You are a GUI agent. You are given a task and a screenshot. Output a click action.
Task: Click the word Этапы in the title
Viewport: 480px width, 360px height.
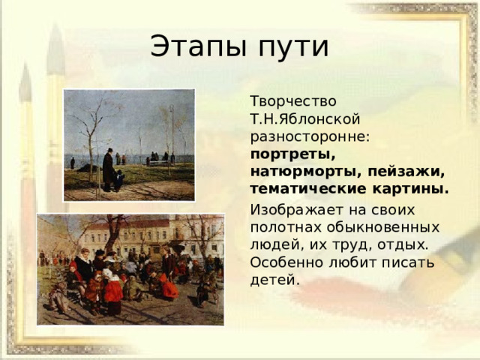coord(198,46)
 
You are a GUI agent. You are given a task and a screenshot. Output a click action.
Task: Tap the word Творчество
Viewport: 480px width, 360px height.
coord(293,101)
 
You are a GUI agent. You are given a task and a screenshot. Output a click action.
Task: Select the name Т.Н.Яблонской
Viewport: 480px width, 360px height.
coord(305,118)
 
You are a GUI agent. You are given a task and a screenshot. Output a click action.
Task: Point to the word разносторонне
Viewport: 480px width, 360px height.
coord(310,137)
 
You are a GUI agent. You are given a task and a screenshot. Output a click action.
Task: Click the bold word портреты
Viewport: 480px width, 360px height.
coord(293,154)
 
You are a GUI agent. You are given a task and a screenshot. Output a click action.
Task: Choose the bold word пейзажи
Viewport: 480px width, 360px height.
coord(406,172)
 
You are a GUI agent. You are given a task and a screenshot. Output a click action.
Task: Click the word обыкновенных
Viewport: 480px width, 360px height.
coord(382,228)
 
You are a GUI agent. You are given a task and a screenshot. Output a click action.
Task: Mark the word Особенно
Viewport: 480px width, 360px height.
coord(286,262)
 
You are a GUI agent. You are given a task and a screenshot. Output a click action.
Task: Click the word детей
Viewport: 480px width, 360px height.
coord(274,280)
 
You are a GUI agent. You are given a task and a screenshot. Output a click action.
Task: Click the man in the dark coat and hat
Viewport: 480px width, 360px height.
coord(108,169)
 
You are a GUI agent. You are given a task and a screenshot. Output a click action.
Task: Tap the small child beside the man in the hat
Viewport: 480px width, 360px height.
coord(118,181)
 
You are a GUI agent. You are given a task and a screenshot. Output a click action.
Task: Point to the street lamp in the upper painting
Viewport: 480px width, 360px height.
coord(172,132)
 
